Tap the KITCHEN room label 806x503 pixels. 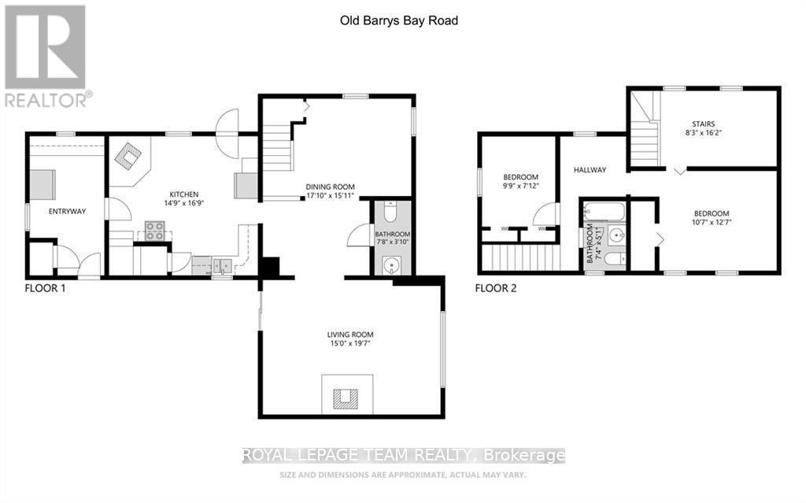(x=181, y=194)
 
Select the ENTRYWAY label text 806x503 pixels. (x=67, y=211)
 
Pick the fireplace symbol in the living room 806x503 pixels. (x=344, y=398)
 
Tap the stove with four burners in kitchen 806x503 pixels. (x=153, y=231)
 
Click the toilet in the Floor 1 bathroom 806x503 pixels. (x=390, y=213)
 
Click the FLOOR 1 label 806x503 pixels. (x=46, y=289)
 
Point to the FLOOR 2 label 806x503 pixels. (x=497, y=289)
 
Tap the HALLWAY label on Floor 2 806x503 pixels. (x=590, y=170)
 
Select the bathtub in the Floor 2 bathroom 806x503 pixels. (x=604, y=211)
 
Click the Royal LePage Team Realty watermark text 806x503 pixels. (x=403, y=456)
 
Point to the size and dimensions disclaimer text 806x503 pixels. (x=403, y=475)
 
